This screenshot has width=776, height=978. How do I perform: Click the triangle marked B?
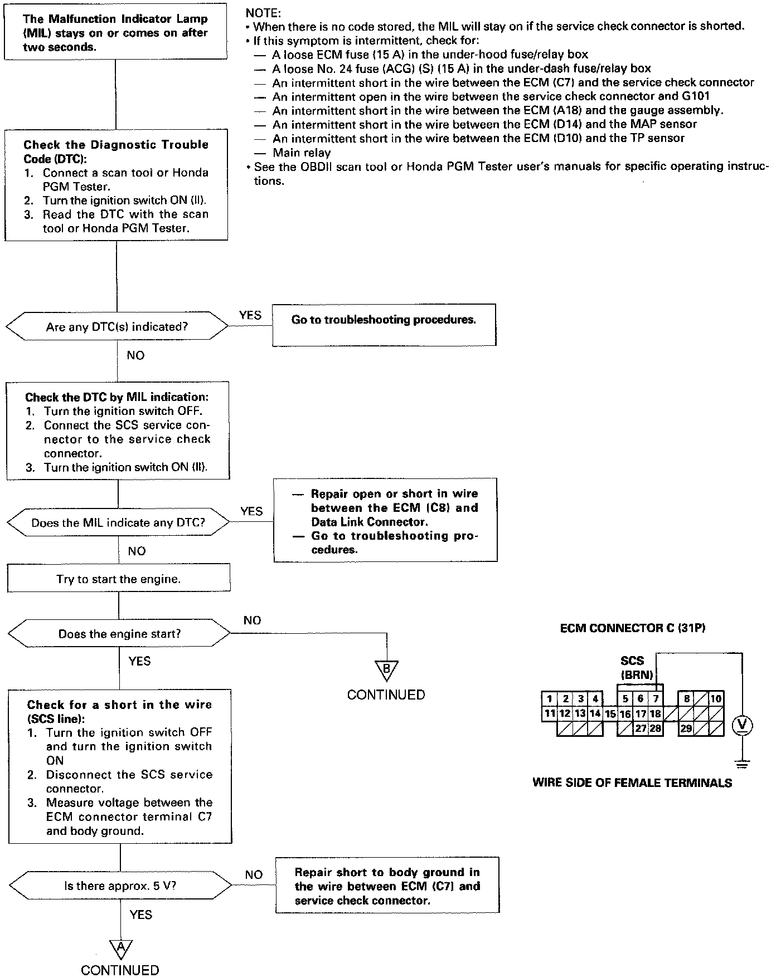[386, 669]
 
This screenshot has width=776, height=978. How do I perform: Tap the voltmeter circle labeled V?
[741, 725]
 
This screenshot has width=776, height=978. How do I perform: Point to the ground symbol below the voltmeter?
[741, 764]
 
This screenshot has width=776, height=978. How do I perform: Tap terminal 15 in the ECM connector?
[610, 713]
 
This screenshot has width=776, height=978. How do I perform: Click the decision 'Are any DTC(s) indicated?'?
[117, 327]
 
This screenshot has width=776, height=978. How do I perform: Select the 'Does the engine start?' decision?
[119, 634]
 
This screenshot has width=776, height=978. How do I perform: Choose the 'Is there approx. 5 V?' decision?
[120, 886]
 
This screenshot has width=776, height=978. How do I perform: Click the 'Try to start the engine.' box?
[119, 579]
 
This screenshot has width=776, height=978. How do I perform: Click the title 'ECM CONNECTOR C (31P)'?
[632, 628]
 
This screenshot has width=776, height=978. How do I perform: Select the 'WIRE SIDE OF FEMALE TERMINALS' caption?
[632, 783]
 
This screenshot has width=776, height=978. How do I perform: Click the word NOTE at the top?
[263, 12]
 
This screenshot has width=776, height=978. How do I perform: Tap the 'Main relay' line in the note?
[302, 153]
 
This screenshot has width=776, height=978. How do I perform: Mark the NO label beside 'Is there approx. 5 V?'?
[254, 875]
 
